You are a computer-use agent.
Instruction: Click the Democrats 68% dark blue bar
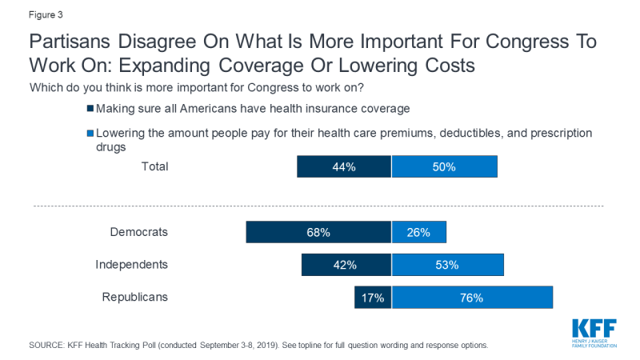pos(318,232)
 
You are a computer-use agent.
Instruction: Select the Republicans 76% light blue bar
pos(472,298)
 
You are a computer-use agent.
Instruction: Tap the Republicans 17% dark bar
pos(373,298)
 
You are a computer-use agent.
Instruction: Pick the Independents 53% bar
pos(448,265)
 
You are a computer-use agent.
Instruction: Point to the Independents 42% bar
pos(346,265)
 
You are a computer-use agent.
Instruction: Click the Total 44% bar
pos(344,166)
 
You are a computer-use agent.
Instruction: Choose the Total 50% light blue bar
pos(444,166)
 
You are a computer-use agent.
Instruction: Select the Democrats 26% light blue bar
pos(418,232)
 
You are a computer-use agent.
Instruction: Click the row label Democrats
pos(139,232)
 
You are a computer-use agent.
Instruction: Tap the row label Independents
pos(132,265)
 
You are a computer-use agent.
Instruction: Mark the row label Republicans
pos(135,298)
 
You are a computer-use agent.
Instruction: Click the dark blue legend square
pos(90,109)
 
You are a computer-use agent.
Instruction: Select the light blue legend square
pos(90,134)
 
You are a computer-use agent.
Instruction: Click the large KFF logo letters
pos(594,329)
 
